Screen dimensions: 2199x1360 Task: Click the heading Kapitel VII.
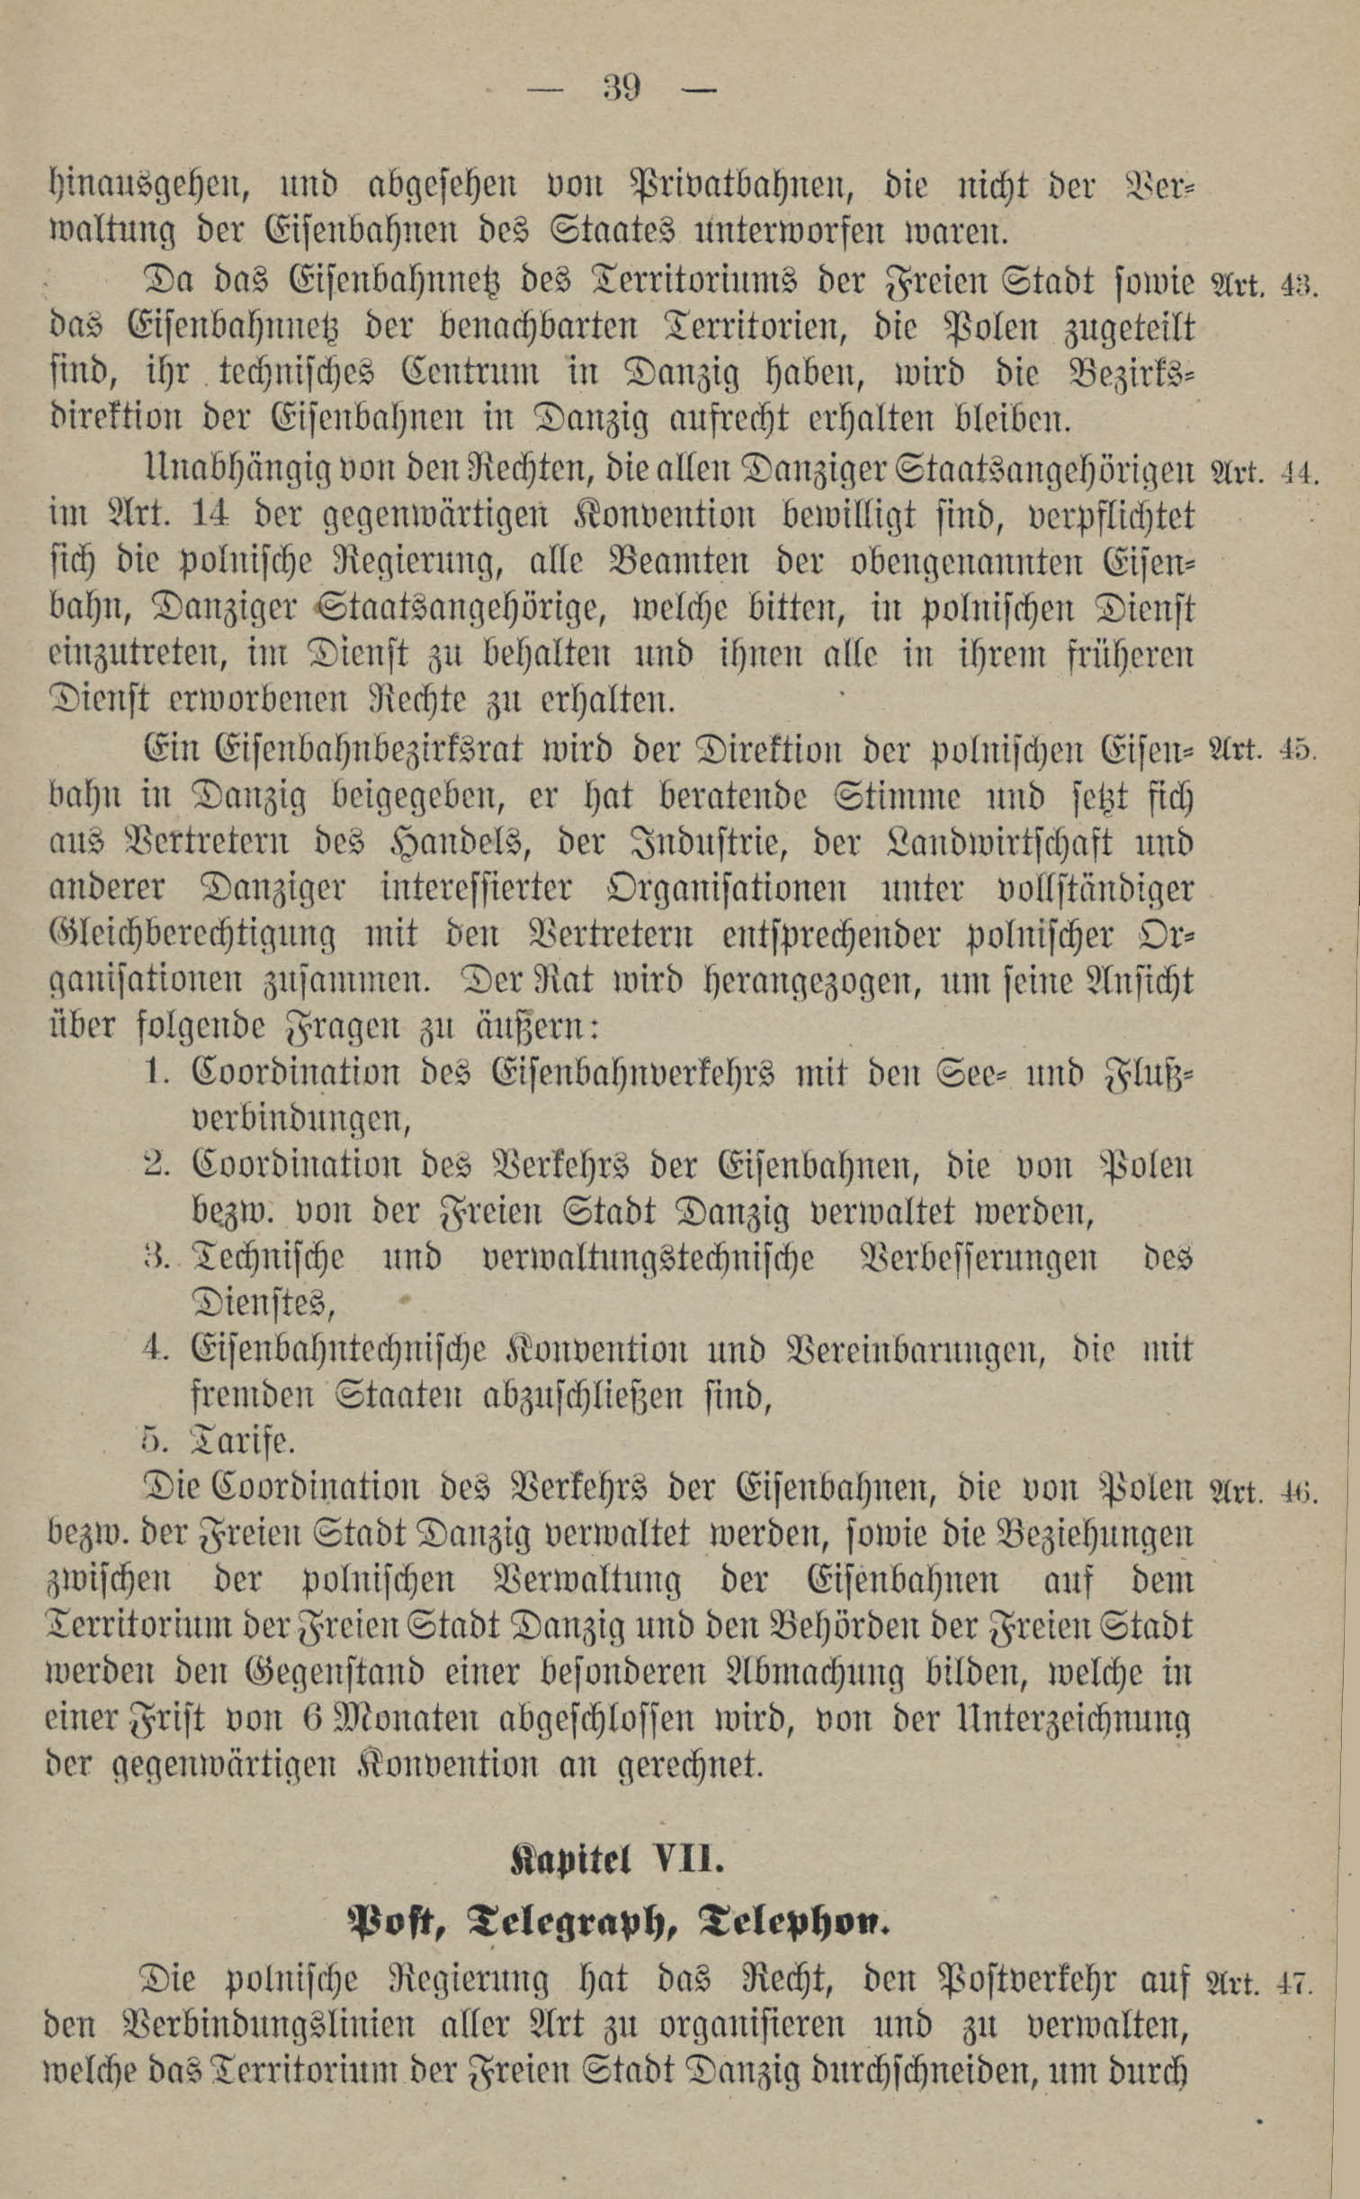click(x=617, y=1835)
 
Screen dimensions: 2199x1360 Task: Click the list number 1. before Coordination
click(x=156, y=1073)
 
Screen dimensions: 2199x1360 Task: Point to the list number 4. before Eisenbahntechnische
click(x=156, y=1350)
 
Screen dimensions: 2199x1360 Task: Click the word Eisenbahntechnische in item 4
click(x=339, y=1350)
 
